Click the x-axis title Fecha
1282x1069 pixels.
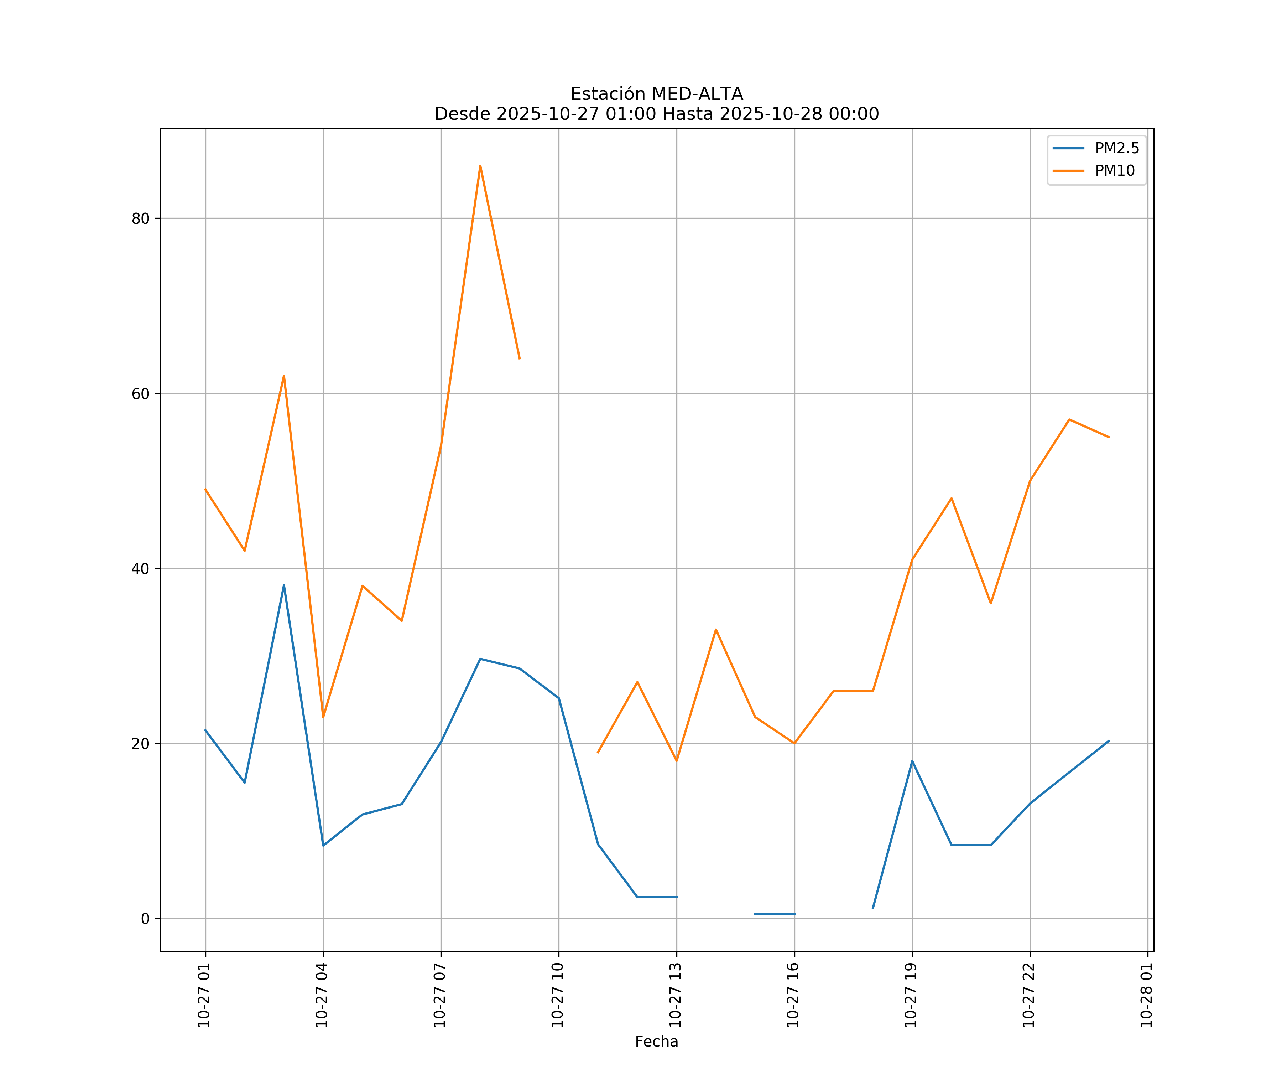coord(656,1042)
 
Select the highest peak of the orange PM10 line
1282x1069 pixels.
coord(480,166)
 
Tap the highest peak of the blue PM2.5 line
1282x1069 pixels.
coord(284,585)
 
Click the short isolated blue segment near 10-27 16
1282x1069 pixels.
coord(775,914)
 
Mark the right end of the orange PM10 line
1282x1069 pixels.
coord(1109,437)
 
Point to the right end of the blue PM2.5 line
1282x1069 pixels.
coord(1109,741)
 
